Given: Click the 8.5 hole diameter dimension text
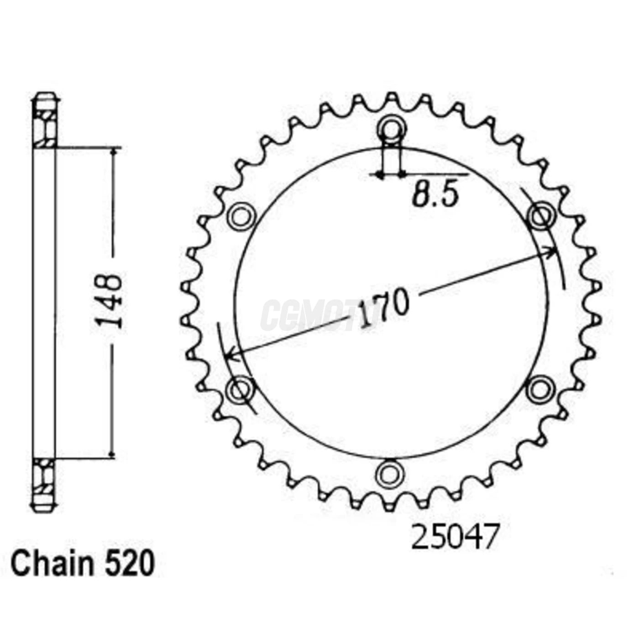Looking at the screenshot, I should coord(435,195).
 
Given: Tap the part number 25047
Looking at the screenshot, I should coord(455,537).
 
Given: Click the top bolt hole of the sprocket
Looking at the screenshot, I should coord(390,129).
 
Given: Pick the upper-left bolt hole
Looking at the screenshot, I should coord(241,216).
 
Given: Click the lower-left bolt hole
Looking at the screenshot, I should coord(240,389).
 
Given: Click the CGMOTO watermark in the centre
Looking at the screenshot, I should coord(315,315).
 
